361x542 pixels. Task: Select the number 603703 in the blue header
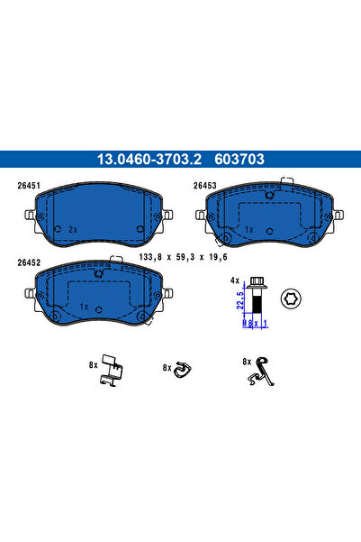coord(240,160)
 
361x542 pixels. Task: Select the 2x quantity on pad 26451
coord(71,230)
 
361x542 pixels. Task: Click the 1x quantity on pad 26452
coord(83,307)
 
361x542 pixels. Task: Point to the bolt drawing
coord(253,299)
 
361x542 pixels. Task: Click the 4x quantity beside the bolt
coord(235,280)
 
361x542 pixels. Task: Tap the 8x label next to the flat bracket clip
coord(92,365)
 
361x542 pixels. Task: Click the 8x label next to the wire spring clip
coord(245,361)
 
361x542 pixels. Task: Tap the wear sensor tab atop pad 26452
coord(113,262)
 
